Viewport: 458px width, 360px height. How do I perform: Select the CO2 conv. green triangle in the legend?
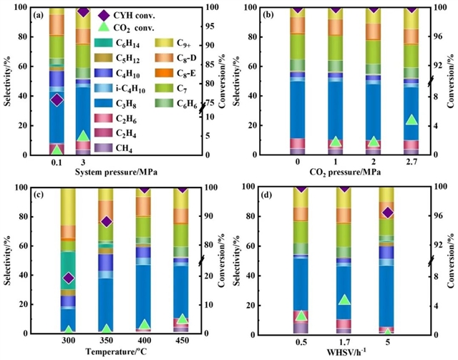point(104,28)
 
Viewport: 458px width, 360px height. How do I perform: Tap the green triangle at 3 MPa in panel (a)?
point(83,135)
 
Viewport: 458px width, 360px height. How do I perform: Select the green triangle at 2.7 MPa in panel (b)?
point(411,119)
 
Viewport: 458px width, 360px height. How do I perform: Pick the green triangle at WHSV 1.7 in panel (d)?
point(345,301)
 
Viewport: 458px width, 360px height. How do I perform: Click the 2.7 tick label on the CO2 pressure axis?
point(411,162)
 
